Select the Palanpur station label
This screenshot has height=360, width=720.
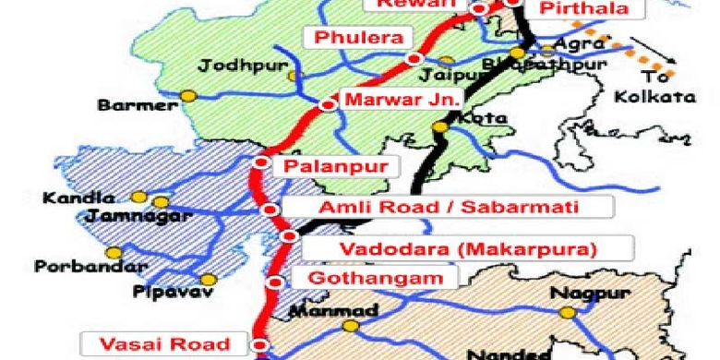click(x=329, y=167)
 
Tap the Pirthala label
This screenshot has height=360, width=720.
click(x=582, y=10)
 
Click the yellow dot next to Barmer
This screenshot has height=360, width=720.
click(x=188, y=95)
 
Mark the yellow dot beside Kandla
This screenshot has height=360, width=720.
click(x=138, y=197)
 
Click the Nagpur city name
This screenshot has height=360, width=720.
click(x=580, y=294)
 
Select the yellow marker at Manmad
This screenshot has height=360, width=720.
click(x=349, y=326)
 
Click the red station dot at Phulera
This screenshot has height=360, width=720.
click(x=413, y=59)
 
